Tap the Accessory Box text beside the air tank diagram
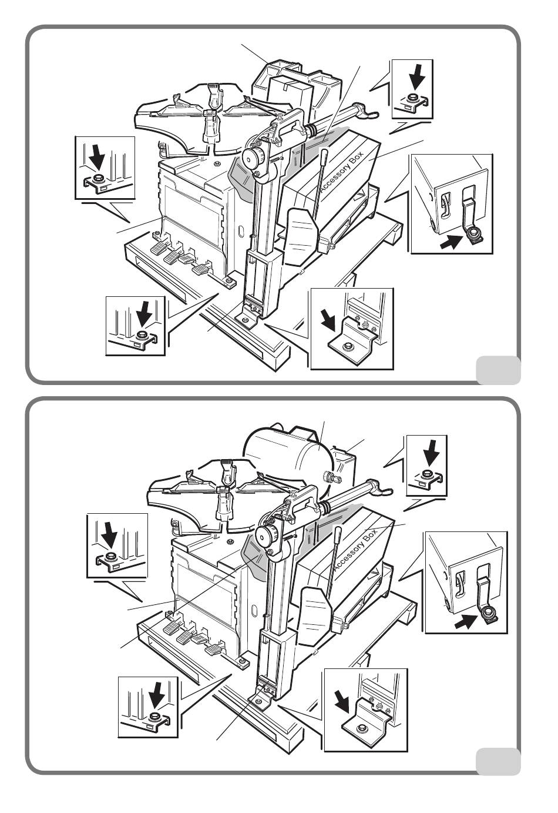tap(354, 551)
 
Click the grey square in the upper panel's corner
tap(498, 369)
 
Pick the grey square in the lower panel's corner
tap(498, 761)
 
